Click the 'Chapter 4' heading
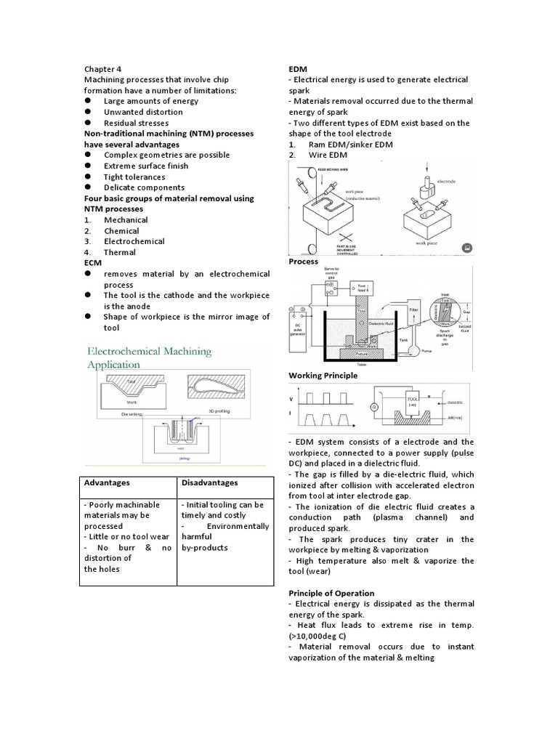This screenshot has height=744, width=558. click(x=102, y=68)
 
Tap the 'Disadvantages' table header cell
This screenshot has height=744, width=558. click(x=209, y=482)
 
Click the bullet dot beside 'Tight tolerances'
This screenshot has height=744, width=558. click(x=87, y=177)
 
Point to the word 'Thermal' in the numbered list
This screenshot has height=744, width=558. click(x=120, y=252)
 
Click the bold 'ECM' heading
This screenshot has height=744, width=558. click(x=93, y=263)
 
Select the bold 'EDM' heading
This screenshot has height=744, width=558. click(x=299, y=68)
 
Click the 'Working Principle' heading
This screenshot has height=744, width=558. click(x=323, y=376)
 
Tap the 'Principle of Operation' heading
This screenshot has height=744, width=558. click(x=331, y=593)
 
